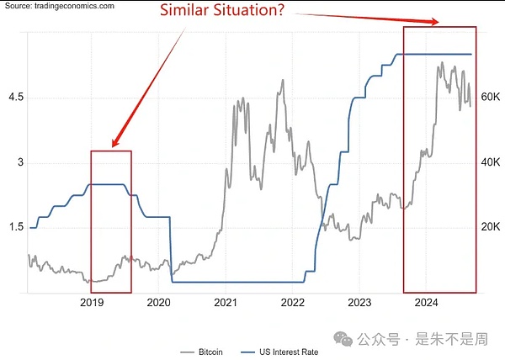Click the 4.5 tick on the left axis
coord(17,98)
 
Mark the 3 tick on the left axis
coord(22,162)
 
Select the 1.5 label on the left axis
coord(17,227)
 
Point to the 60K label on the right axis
coord(491,98)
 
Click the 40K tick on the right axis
coord(491,162)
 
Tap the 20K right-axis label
coord(491,227)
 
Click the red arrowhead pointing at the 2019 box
coord(115,142)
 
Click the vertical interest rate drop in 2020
coord(170,249)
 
